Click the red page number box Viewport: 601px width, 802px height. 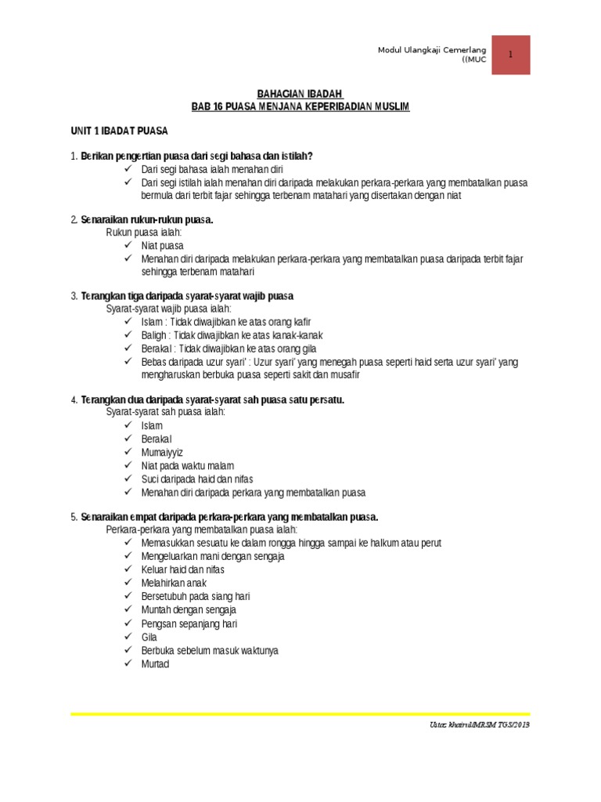(511, 55)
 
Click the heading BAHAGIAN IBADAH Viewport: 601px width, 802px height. (300, 93)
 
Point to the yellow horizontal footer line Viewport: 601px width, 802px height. (300, 713)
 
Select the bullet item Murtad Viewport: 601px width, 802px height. (155, 664)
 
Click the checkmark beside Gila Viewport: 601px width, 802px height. (128, 638)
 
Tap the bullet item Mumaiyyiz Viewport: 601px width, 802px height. (162, 452)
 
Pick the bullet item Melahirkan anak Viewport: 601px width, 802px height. (174, 583)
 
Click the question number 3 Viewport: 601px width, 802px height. (74, 296)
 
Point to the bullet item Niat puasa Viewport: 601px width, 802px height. (162, 245)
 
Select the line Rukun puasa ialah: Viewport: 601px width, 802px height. (144, 233)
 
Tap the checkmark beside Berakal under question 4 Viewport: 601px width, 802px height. (128, 439)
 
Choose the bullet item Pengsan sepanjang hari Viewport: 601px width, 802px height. (189, 624)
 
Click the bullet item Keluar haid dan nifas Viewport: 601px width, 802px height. (182, 570)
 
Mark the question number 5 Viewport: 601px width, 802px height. (74, 517)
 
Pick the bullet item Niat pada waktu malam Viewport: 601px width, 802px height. (187, 465)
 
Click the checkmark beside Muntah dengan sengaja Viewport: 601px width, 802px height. (128, 610)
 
